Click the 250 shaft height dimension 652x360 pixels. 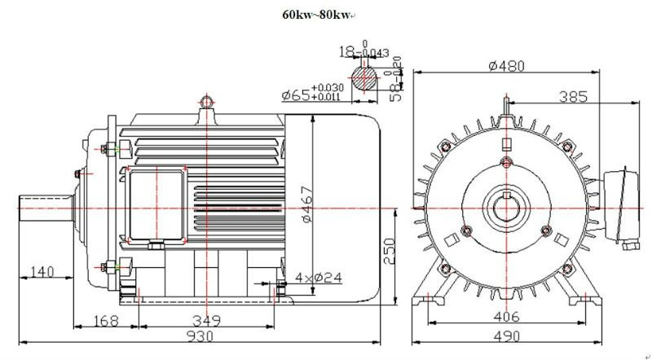[x=390, y=251]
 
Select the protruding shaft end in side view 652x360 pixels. [x=45, y=207]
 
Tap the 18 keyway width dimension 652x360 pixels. [x=349, y=50]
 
